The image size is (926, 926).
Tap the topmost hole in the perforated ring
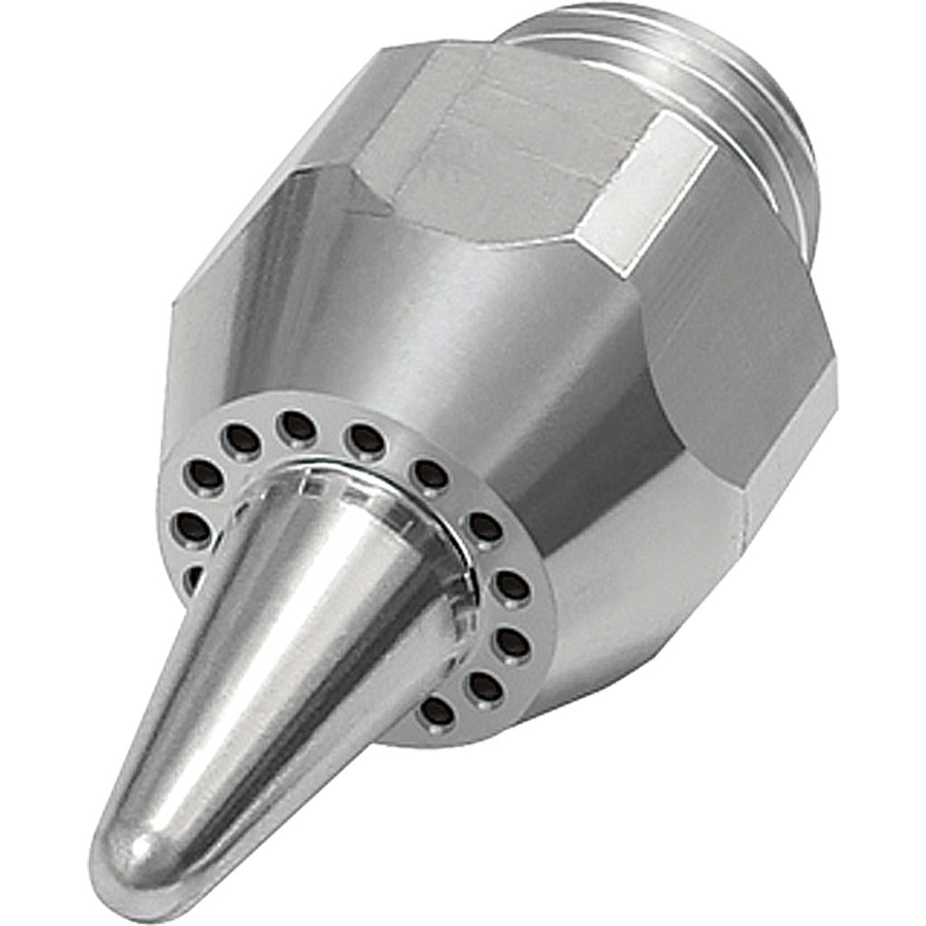click(x=298, y=428)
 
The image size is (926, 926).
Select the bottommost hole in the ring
click(x=438, y=712)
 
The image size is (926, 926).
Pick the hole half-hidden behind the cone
click(x=193, y=577)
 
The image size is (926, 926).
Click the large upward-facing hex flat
click(x=506, y=154)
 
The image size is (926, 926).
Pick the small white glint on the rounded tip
click(x=137, y=850)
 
